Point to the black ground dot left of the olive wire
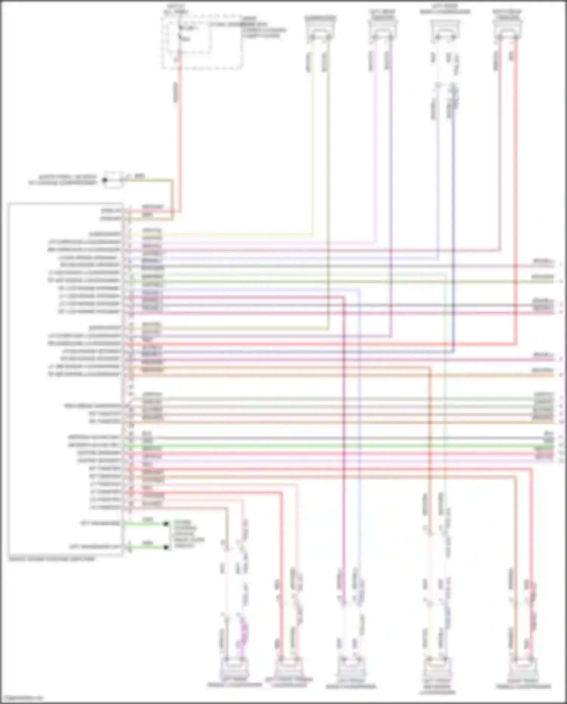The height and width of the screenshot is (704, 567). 105,180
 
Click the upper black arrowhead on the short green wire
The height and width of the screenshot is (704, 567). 166,524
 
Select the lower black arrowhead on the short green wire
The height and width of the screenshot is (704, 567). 166,547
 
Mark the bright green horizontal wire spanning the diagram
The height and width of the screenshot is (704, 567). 340,447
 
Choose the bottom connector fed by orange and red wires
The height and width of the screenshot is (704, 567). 523,668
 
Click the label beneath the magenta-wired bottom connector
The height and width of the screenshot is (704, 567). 234,685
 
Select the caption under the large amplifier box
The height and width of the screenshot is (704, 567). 52,559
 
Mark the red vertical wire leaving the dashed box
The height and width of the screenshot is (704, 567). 178,132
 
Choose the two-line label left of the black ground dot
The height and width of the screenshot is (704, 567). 63,180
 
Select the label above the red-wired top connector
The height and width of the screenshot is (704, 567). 507,14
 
